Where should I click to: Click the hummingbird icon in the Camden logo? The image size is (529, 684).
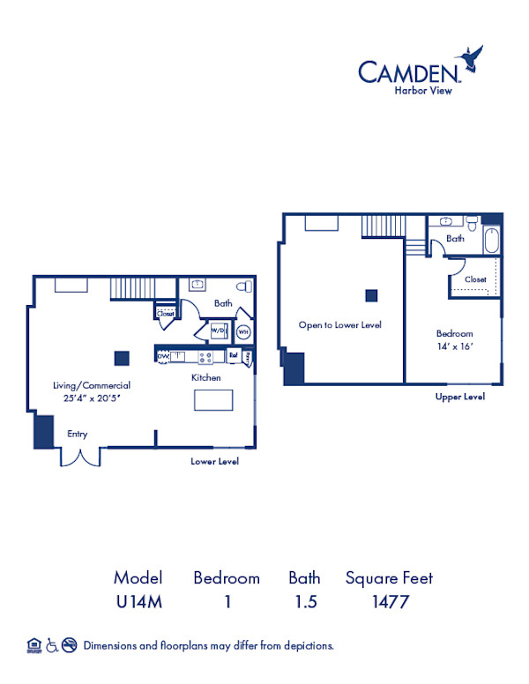pos(474,58)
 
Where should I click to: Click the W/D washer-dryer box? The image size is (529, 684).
pos(218,331)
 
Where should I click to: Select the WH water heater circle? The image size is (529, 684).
pos(244,331)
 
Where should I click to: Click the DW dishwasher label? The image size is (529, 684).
pos(163,356)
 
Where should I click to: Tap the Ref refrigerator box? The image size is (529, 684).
pos(234,356)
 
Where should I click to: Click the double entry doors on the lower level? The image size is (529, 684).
pos(80,457)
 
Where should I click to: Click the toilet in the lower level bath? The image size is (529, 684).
pos(244,286)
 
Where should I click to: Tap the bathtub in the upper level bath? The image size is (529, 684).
pos(490,241)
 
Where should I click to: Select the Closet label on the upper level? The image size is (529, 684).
pos(475,279)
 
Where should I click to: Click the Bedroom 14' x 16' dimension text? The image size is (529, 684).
pos(455,347)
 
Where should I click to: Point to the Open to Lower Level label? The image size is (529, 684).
pos(339,325)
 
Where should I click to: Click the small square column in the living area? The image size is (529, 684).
pos(122,358)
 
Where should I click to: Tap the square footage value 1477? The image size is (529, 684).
pos(389,604)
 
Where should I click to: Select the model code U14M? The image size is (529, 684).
pos(138,604)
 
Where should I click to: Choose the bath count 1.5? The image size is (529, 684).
pos(304,604)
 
